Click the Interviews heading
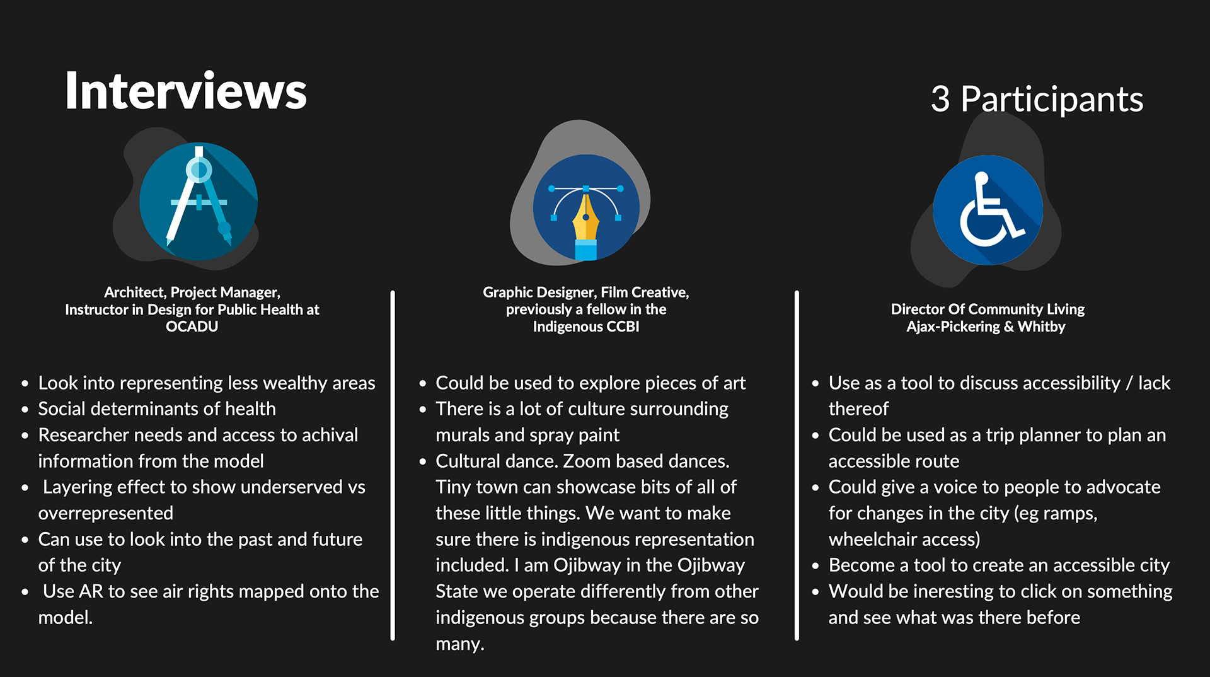[186, 91]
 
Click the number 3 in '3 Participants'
[940, 99]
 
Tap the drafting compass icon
[199, 201]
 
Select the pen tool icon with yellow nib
[586, 208]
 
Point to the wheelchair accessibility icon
[988, 210]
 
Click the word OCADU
[192, 327]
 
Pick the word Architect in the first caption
[134, 292]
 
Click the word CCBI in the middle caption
[623, 327]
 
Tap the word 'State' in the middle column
[456, 591]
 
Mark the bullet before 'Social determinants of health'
[25, 410]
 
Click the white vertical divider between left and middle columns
[393, 466]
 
